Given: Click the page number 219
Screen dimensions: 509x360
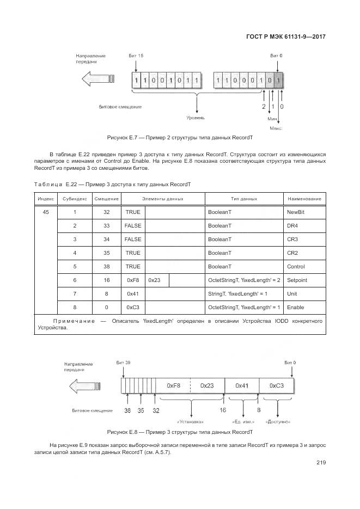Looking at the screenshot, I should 320,463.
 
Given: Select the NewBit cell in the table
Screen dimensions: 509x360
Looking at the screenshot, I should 295,211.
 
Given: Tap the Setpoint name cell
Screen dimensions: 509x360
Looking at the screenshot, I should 297,280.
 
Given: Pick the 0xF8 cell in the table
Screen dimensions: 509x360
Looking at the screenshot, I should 133,280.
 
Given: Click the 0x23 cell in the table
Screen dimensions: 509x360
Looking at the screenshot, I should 155,280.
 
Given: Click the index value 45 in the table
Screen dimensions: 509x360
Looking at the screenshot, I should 46,211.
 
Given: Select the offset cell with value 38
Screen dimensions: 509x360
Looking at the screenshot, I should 106,266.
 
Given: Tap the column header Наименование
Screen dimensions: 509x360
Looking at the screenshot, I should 304,199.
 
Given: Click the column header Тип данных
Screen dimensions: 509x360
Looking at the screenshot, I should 244,199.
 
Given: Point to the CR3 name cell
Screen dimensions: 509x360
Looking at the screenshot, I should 292,238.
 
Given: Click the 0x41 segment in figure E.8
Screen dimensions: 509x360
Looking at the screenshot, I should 242,385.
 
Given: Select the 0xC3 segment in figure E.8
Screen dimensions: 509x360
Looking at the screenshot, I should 277,385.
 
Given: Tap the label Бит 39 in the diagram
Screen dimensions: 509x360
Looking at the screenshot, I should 124,363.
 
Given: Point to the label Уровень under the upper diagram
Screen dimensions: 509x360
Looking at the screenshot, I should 196,117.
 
